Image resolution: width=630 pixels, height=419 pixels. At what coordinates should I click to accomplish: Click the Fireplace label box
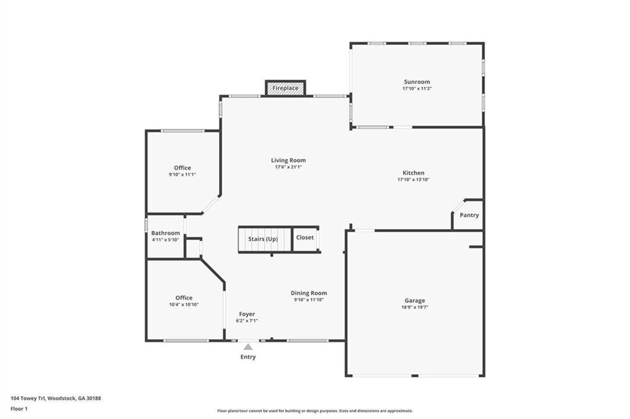(285, 88)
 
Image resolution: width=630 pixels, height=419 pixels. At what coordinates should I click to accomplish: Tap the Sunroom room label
(417, 82)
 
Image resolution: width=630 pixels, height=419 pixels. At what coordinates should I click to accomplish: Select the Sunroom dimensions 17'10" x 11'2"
(417, 89)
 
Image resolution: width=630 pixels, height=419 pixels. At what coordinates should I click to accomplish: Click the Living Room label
(288, 160)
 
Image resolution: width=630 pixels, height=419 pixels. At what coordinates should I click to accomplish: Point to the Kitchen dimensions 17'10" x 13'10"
(413, 180)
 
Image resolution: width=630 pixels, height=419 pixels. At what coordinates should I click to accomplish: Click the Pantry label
(469, 216)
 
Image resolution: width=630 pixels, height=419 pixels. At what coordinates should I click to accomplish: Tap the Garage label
(414, 300)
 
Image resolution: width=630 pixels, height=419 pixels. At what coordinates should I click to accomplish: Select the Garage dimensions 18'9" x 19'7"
(414, 307)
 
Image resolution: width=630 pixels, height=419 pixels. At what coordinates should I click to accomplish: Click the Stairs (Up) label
(263, 238)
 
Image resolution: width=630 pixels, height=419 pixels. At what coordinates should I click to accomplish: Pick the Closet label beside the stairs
(305, 237)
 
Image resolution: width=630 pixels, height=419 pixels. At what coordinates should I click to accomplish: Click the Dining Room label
(309, 293)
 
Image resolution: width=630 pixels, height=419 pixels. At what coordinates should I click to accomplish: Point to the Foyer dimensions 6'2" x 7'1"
(246, 321)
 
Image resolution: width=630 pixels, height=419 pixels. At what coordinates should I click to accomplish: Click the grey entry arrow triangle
(247, 347)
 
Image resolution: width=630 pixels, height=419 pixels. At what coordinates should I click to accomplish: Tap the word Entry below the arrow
(248, 357)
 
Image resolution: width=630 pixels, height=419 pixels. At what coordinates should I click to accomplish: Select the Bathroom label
(165, 233)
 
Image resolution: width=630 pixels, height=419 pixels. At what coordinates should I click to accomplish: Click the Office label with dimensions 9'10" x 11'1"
(182, 168)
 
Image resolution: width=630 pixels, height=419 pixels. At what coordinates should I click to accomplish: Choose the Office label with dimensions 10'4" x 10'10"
(183, 298)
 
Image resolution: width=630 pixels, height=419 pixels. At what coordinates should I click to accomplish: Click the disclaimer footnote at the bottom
(314, 411)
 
